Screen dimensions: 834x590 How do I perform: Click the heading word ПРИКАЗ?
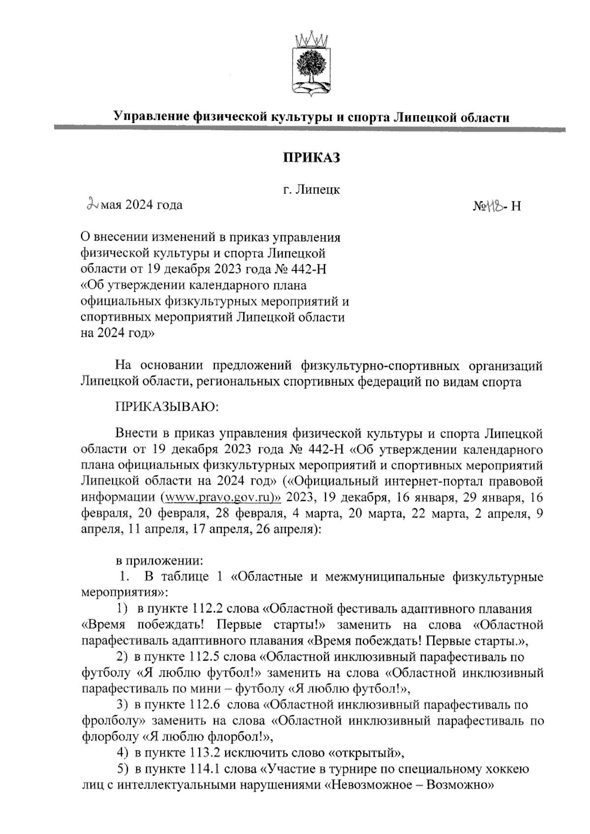(311, 158)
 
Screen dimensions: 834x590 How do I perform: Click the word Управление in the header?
(150, 117)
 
